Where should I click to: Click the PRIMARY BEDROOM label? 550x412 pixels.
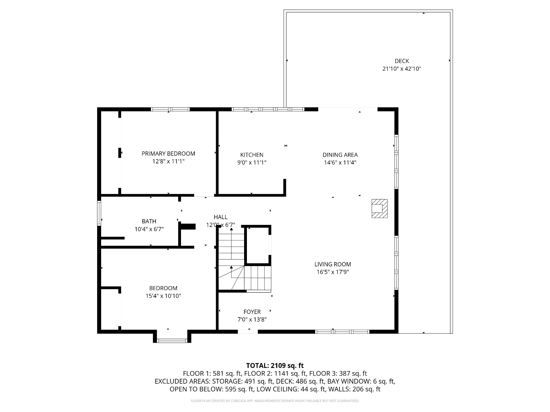(x=168, y=154)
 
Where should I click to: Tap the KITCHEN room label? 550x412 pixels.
(x=252, y=155)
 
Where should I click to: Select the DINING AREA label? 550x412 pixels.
(x=340, y=155)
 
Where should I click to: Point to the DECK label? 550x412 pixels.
(x=402, y=61)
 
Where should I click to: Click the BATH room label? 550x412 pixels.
(x=149, y=221)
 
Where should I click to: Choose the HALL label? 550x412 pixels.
(x=221, y=217)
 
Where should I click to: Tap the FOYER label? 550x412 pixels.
(x=252, y=312)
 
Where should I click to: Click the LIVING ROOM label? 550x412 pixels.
(x=333, y=264)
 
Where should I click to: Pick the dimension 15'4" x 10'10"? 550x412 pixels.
(x=163, y=296)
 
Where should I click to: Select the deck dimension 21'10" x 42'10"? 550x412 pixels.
(x=402, y=69)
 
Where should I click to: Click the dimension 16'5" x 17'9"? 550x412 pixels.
(x=333, y=272)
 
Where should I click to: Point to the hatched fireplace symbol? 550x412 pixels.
(x=380, y=209)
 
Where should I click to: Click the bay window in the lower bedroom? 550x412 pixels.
(x=172, y=340)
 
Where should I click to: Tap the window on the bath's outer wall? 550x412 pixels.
(x=99, y=213)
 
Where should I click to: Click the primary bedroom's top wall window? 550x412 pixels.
(x=170, y=109)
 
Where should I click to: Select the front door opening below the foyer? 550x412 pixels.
(x=248, y=332)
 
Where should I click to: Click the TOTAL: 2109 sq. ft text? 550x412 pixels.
(x=275, y=366)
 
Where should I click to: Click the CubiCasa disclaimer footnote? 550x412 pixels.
(x=275, y=401)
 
